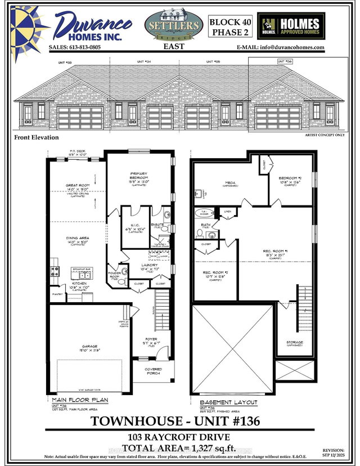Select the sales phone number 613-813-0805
[75, 47]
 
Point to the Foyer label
[153, 339]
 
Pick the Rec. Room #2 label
[214, 274]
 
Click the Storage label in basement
[294, 342]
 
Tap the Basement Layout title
[228, 402]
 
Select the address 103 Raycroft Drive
[179, 437]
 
